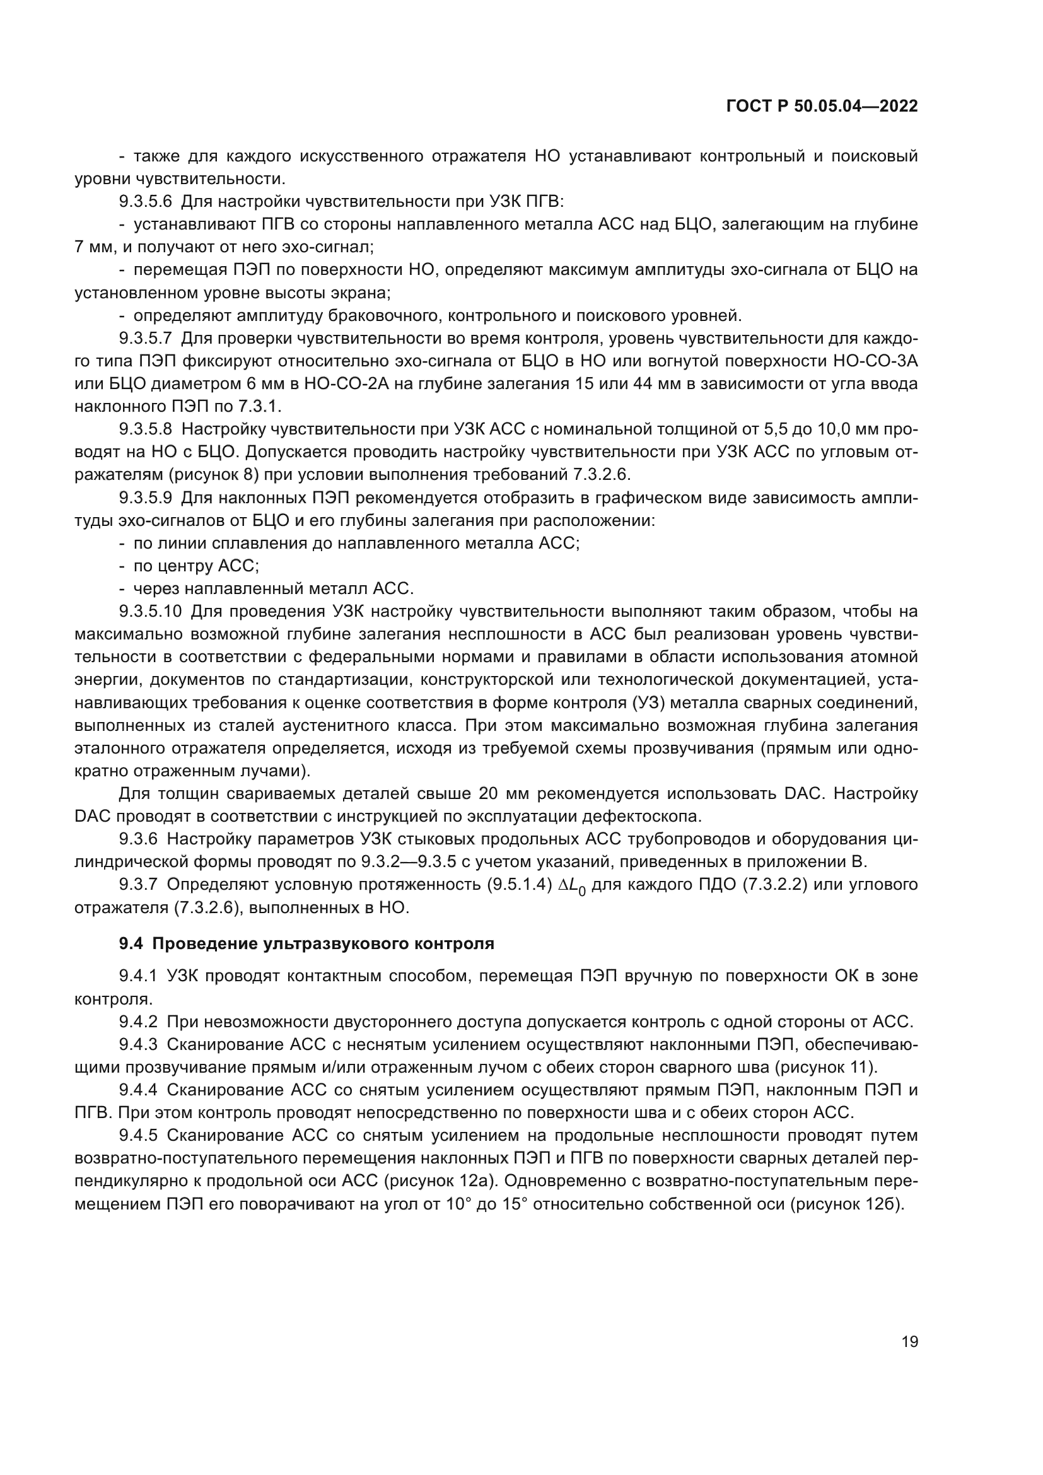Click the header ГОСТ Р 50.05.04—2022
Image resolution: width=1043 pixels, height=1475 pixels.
(822, 107)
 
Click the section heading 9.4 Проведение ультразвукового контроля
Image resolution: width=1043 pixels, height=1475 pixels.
(306, 944)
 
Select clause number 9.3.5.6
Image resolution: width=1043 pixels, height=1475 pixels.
(145, 202)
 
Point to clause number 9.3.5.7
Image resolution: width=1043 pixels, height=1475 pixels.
(145, 339)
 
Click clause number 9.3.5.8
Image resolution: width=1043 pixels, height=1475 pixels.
(145, 430)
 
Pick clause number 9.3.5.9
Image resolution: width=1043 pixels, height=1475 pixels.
(145, 498)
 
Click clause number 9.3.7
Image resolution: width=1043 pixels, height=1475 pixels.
(138, 885)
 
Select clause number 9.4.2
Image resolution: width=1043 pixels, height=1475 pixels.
(138, 1022)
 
